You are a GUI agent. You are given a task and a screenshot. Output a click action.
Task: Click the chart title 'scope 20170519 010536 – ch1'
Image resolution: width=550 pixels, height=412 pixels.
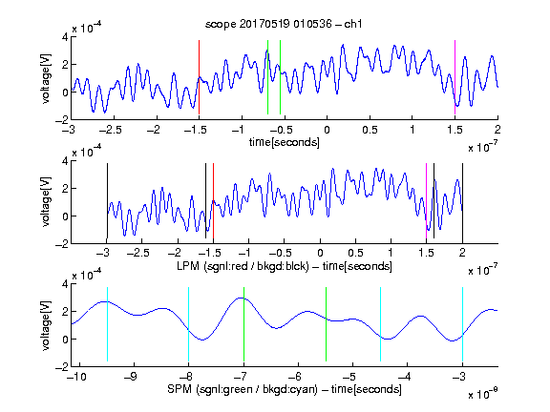click(284, 24)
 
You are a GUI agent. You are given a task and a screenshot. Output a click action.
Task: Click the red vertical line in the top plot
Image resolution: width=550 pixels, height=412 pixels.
click(199, 77)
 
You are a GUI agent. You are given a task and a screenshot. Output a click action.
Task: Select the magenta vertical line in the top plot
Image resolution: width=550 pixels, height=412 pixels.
click(455, 77)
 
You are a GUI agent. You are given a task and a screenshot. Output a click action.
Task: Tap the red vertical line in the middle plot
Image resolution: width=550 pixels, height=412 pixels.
click(213, 200)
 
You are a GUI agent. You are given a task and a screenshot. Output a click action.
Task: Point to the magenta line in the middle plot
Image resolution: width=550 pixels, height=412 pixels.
click(426, 200)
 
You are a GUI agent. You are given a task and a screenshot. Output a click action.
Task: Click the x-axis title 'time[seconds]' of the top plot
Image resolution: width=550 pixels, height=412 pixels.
click(285, 142)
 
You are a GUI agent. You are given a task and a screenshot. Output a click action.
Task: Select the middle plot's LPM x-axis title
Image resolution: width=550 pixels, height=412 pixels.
click(285, 266)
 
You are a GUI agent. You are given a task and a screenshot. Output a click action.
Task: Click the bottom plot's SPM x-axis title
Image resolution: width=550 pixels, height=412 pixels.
click(285, 389)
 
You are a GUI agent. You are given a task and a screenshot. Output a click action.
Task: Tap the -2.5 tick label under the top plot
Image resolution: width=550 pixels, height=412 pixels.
click(110, 130)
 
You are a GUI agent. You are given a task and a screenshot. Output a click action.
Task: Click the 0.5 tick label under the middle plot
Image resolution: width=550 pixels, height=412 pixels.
click(355, 253)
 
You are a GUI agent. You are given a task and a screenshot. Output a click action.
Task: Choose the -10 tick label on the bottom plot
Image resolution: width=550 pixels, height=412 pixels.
click(76, 377)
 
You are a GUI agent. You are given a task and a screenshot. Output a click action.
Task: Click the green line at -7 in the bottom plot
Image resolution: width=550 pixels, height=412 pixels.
click(243, 324)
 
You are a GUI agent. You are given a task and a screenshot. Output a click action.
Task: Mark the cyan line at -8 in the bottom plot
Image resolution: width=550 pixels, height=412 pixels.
click(189, 324)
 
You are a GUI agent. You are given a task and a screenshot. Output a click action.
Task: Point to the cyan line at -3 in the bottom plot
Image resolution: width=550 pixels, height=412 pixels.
click(462, 324)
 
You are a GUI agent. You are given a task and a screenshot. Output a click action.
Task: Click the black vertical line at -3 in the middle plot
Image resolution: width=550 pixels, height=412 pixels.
click(107, 200)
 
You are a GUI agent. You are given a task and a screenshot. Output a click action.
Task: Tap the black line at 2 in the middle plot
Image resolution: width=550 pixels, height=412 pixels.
click(462, 200)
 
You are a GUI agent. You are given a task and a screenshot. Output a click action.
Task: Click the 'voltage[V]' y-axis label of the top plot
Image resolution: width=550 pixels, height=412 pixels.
click(46, 78)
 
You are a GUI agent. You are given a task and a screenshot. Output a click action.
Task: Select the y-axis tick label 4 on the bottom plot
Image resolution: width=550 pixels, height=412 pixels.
click(65, 284)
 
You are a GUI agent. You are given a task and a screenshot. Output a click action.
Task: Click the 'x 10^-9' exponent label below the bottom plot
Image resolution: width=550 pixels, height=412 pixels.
click(482, 394)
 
